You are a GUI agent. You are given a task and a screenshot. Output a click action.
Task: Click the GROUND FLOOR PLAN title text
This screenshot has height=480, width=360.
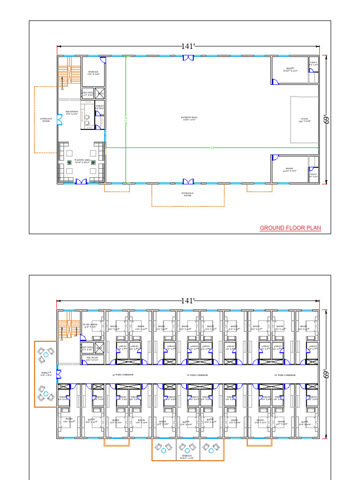291,228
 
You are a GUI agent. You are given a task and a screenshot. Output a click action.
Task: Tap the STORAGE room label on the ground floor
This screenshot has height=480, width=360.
93,73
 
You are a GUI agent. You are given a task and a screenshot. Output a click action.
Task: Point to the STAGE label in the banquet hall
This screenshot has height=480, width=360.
305,120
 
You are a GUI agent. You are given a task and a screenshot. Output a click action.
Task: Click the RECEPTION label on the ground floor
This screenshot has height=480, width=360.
72,112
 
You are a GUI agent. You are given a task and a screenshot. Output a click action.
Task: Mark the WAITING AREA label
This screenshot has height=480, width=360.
82,161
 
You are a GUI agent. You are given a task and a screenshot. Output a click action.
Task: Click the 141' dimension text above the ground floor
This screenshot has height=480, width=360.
187,46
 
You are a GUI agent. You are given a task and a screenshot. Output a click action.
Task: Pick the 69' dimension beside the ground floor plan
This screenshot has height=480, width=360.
326,120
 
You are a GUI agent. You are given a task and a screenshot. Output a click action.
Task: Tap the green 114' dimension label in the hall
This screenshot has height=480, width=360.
211,148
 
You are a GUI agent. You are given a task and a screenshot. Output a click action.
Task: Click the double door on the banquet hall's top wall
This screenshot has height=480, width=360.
188,58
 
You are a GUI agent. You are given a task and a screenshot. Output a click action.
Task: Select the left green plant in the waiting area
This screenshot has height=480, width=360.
69,163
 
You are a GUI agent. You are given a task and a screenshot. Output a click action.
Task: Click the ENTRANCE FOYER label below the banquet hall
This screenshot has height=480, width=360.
187,194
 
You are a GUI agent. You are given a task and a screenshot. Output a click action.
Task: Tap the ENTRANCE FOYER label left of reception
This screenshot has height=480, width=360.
45,120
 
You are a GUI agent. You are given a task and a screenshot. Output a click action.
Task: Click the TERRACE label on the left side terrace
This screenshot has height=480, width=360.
45,374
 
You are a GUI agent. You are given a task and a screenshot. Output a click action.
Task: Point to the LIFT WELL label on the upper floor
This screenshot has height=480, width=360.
88,348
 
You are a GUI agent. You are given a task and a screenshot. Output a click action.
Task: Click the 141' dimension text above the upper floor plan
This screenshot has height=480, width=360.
187,301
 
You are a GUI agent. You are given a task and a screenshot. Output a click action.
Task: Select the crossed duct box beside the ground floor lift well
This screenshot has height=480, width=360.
99,93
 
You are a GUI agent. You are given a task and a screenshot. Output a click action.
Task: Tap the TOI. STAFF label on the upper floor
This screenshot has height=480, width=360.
91,359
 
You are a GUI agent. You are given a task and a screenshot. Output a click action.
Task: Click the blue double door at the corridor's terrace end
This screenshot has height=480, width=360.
59,374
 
